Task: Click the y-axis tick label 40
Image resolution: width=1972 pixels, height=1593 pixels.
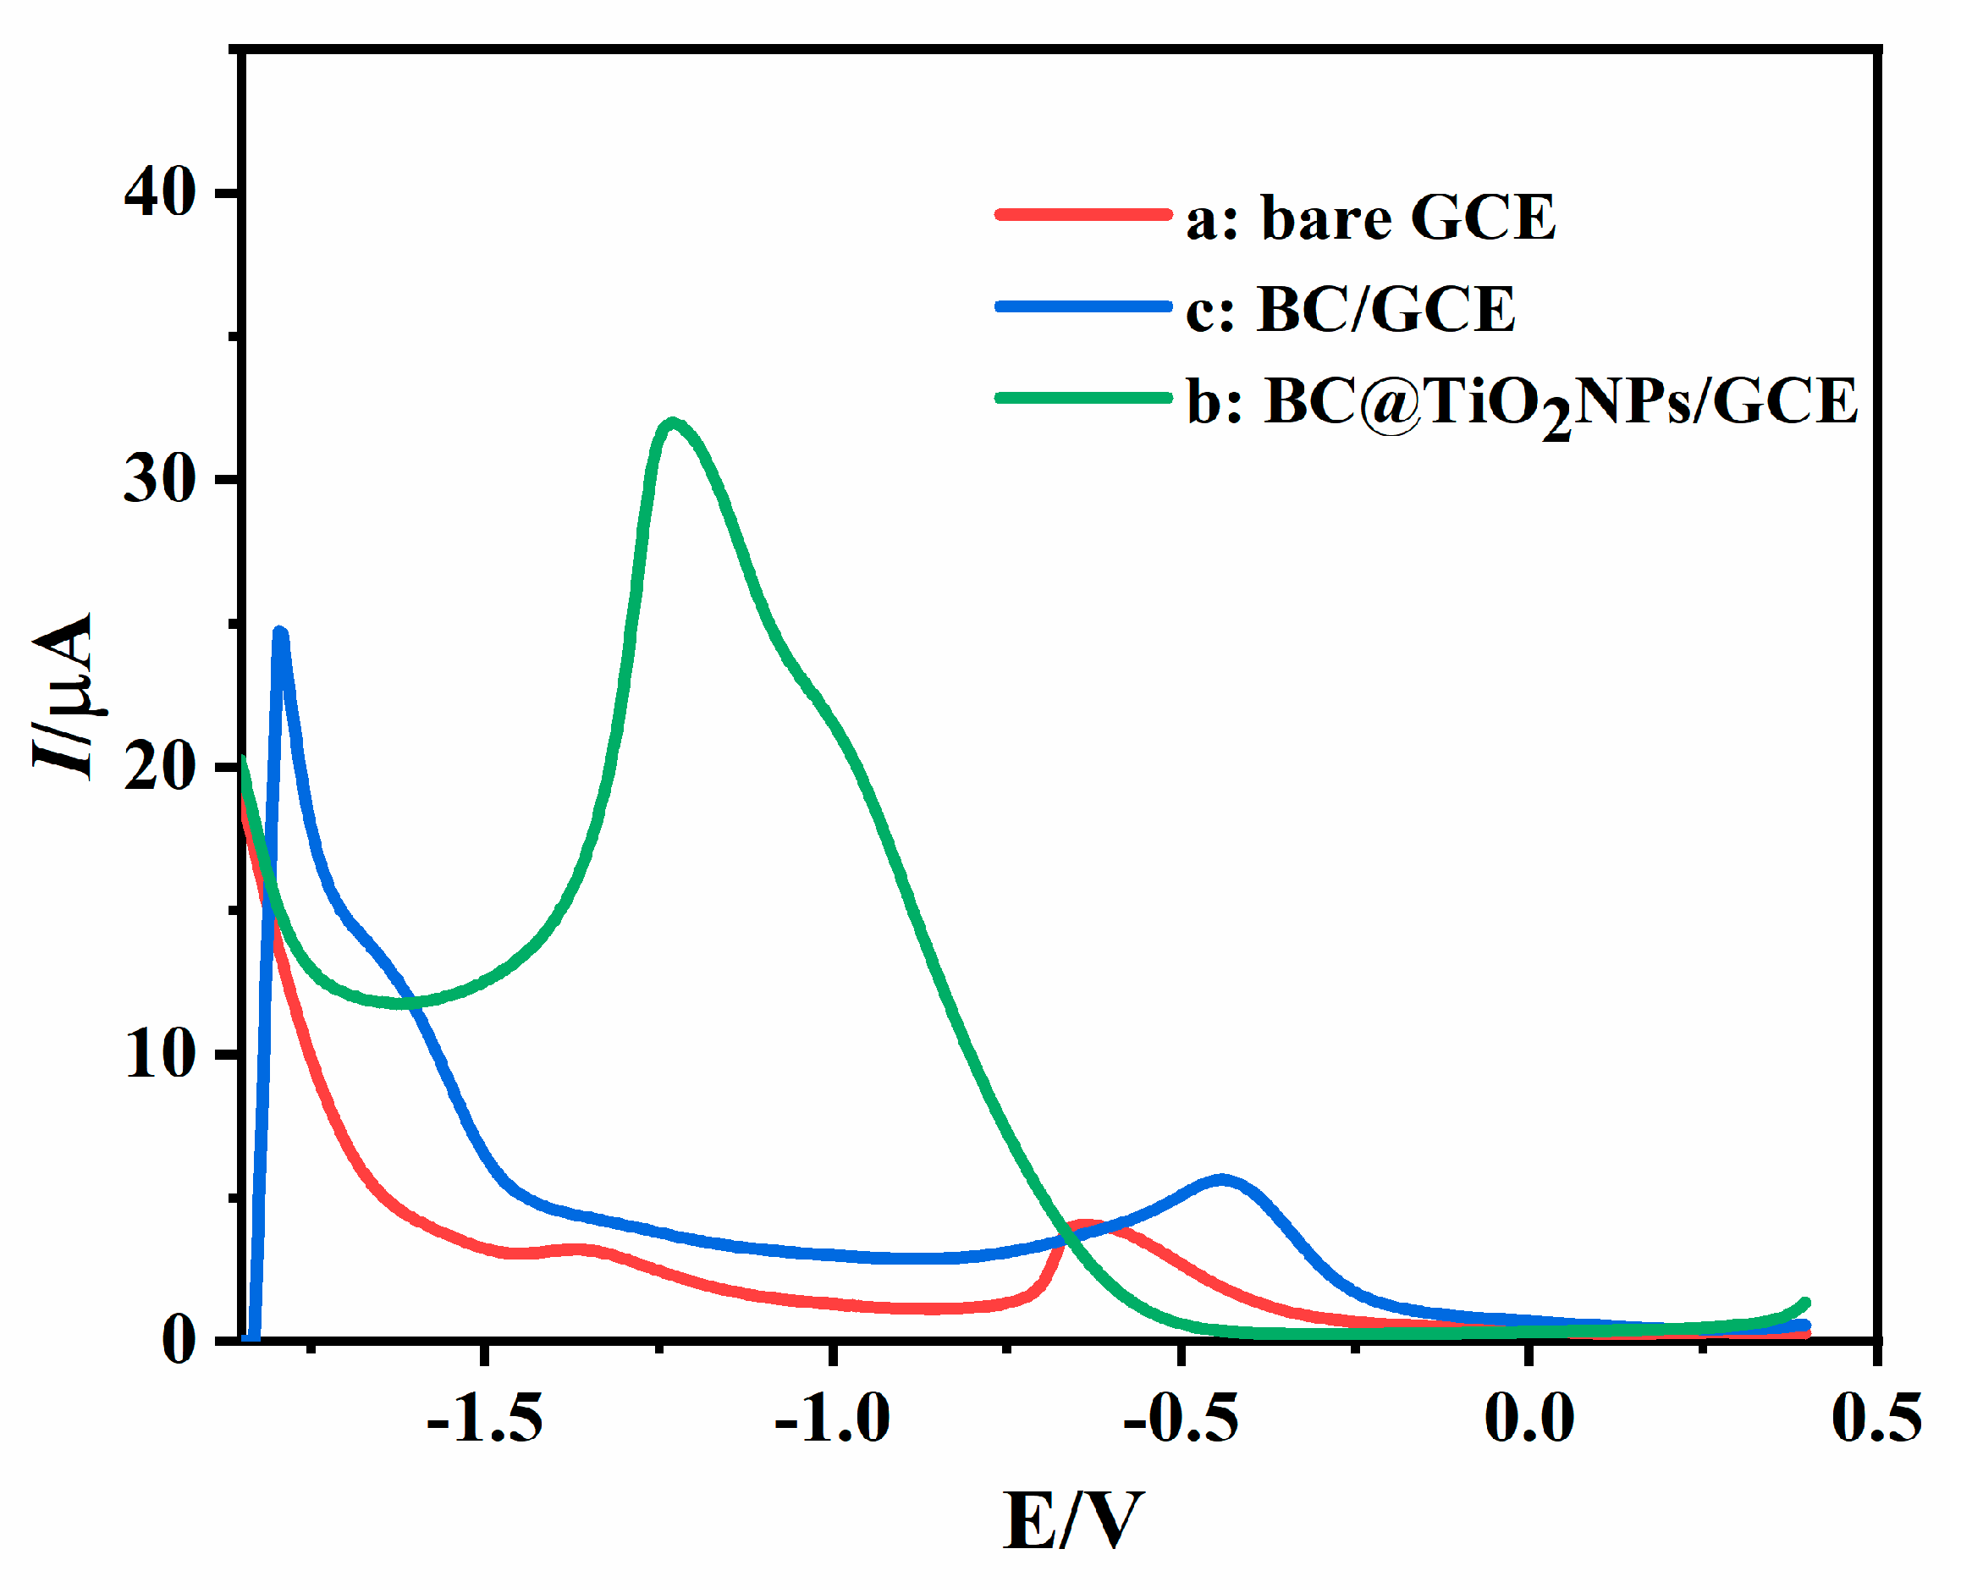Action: (x=160, y=194)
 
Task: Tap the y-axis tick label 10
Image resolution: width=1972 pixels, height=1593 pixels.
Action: (x=160, y=1055)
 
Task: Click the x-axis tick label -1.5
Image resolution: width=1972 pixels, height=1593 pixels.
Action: (x=484, y=1418)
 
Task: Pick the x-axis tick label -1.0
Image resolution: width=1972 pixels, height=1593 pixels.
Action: (x=832, y=1418)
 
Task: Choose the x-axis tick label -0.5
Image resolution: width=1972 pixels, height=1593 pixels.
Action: (x=1181, y=1418)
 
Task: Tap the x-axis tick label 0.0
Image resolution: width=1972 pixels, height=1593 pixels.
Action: (x=1529, y=1418)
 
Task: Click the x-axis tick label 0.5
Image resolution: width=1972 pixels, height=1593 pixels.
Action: (x=1876, y=1418)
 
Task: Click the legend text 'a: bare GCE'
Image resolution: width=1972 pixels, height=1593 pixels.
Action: (x=1371, y=218)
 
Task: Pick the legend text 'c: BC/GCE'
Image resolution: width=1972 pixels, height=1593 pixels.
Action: (x=1350, y=310)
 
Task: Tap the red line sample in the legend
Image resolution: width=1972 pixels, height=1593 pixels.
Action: (x=1083, y=215)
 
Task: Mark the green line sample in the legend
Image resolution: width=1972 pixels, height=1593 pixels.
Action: (x=1083, y=397)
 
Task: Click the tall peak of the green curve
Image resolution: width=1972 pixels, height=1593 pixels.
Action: (x=674, y=423)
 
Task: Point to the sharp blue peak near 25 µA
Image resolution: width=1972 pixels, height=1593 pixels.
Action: (x=281, y=632)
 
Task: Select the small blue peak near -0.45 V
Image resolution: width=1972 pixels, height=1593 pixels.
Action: (x=1221, y=1180)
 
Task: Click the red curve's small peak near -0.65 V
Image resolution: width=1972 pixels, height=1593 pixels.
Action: (x=1086, y=1226)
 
